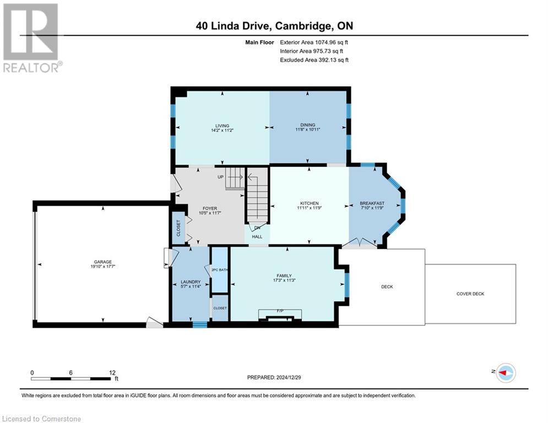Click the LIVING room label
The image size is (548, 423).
pyautogui.click(x=222, y=126)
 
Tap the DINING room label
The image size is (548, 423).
pyautogui.click(x=308, y=126)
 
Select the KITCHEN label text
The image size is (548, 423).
pyautogui.click(x=308, y=203)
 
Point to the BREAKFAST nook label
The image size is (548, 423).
pyautogui.click(x=372, y=203)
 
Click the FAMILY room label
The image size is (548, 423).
pyautogui.click(x=284, y=275)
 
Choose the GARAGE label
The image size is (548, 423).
pyautogui.click(x=102, y=262)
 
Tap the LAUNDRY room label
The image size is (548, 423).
pyautogui.click(x=190, y=282)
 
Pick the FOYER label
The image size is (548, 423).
pyautogui.click(x=210, y=208)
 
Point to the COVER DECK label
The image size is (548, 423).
pyautogui.click(x=470, y=294)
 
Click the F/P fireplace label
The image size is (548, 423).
pyautogui.click(x=280, y=311)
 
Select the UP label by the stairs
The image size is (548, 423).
pyautogui.click(x=220, y=177)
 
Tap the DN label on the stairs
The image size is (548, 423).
pyautogui.click(x=257, y=228)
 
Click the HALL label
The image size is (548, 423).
pyautogui.click(x=257, y=237)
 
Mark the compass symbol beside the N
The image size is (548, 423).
pyautogui.click(x=505, y=373)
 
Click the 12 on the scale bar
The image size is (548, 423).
pyautogui.click(x=112, y=372)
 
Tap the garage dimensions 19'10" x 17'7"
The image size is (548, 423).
pyautogui.click(x=102, y=267)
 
